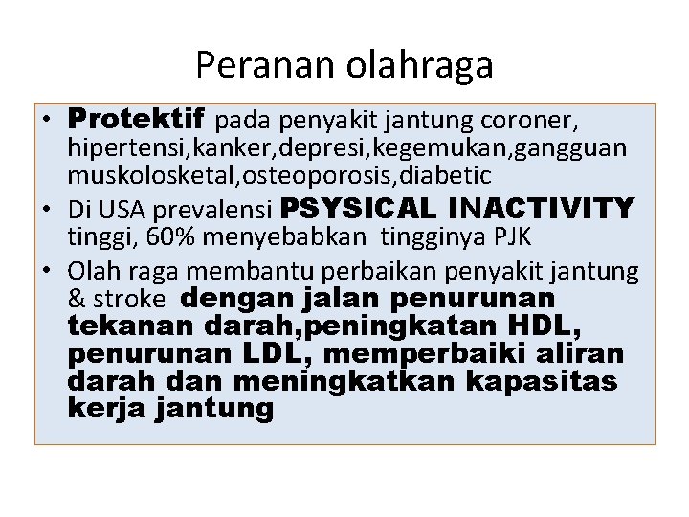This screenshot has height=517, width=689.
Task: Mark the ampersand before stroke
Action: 77,298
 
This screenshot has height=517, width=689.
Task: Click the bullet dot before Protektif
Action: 46,123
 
